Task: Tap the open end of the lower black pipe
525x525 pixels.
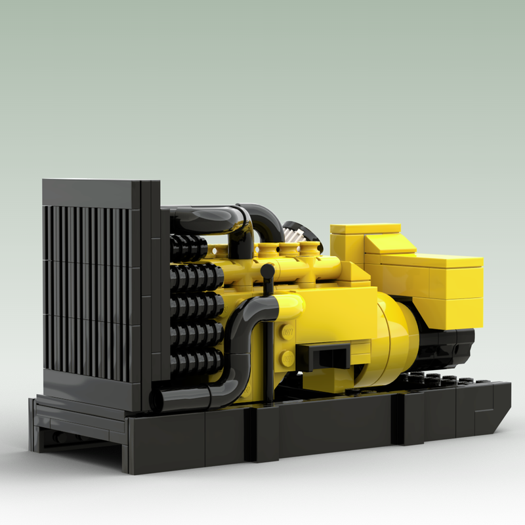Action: pyautogui.click(x=156, y=400)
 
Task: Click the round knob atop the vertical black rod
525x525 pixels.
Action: pyautogui.click(x=268, y=270)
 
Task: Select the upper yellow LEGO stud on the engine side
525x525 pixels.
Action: pyautogui.click(x=287, y=331)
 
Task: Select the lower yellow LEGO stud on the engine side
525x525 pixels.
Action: pyautogui.click(x=287, y=358)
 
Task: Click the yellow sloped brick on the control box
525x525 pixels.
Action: pyautogui.click(x=387, y=244)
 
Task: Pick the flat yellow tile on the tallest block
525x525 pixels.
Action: pyautogui.click(x=365, y=228)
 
